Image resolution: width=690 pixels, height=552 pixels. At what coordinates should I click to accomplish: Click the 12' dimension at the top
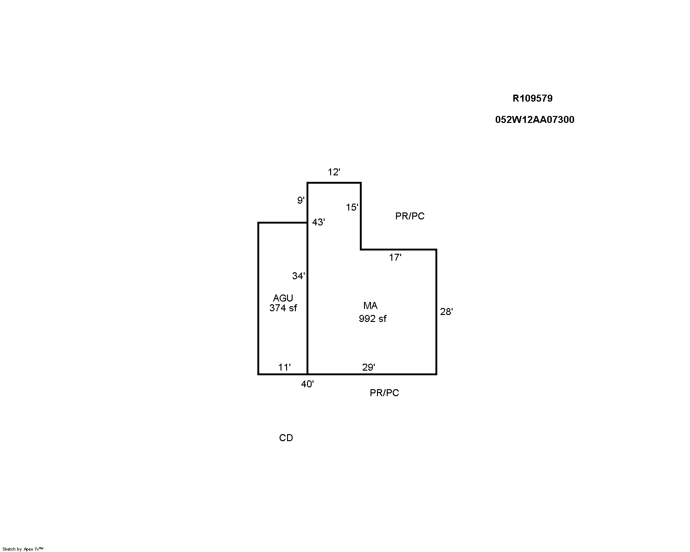pos(334,172)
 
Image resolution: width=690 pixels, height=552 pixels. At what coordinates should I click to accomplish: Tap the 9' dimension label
pos(301,200)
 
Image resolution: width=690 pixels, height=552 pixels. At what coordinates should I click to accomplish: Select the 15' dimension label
pos(352,207)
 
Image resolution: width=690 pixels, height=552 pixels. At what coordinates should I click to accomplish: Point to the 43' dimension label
pos(319,222)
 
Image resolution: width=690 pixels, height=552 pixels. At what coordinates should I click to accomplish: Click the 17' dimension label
pos(395,257)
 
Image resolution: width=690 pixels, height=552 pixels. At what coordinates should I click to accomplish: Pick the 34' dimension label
pos(298,276)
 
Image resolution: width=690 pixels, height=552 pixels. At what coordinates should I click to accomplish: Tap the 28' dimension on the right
pos(446,312)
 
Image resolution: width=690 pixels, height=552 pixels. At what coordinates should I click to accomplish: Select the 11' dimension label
pos(284,367)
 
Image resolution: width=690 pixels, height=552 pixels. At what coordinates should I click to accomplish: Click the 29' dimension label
pos(369,367)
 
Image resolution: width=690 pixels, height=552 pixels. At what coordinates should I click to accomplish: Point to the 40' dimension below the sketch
pos(307,384)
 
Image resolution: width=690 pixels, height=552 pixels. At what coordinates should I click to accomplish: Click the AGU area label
pos(283,298)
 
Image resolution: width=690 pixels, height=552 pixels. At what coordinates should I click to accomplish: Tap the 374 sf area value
pos(283,308)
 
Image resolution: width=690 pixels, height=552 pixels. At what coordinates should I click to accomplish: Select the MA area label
pos(371,306)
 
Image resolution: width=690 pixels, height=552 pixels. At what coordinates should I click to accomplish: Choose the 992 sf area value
pos(372,319)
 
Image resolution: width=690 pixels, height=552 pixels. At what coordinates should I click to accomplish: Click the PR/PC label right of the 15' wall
pos(410,216)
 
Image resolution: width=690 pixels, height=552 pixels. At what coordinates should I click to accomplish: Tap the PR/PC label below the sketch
pos(384,393)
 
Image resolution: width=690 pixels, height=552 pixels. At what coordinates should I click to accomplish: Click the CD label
pos(286,438)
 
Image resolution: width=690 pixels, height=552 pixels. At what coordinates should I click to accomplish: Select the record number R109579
pos(532,98)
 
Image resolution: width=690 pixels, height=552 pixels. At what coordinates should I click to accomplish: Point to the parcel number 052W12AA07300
pos(535,120)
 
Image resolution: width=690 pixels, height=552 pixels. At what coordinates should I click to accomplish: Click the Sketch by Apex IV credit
pos(23,549)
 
